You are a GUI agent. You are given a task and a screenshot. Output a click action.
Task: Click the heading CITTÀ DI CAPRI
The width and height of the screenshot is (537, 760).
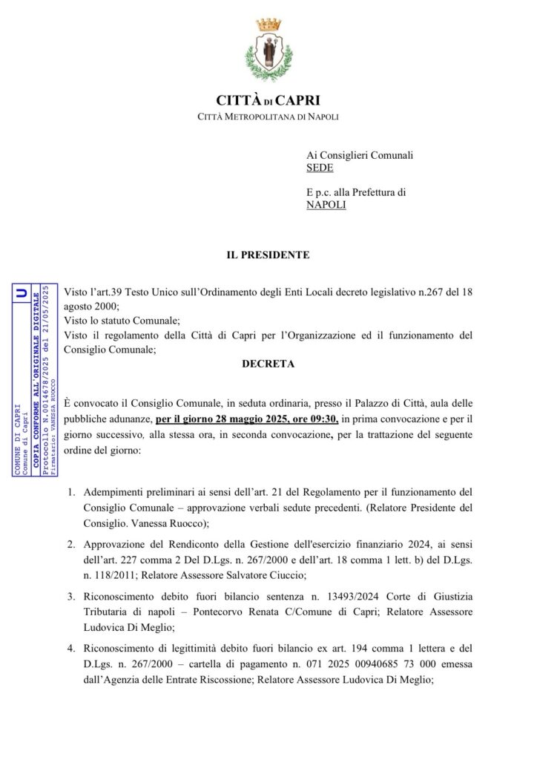(268, 100)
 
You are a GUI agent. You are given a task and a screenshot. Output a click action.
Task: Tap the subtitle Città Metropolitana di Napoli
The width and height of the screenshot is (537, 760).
(268, 117)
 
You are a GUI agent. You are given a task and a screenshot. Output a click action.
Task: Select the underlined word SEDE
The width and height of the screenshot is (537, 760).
(320, 168)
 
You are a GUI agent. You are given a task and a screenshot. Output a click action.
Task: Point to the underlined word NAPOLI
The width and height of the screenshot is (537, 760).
(326, 205)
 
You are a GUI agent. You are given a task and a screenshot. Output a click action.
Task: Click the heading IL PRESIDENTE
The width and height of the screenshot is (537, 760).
(268, 255)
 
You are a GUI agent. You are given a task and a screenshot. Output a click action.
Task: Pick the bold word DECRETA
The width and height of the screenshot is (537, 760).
(268, 364)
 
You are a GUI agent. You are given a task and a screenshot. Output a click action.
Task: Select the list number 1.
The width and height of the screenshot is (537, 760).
(71, 492)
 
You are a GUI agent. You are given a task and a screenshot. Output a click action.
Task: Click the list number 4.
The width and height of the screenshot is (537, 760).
(71, 646)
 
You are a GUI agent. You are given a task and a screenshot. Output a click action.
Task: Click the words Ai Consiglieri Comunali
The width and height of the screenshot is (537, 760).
(360, 155)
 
